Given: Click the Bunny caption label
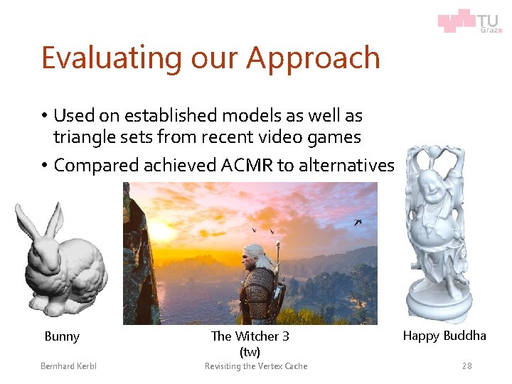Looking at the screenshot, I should [62, 336].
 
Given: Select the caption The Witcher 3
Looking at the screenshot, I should [250, 336].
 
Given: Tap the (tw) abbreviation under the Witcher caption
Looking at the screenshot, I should [250, 352].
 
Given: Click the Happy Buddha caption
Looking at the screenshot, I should [444, 336].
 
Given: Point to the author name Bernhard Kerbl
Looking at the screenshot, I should [68, 366].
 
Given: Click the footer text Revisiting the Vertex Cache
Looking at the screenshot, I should [256, 366].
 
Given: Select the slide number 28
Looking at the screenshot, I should [466, 366].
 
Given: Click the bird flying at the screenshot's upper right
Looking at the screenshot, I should [358, 222].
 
